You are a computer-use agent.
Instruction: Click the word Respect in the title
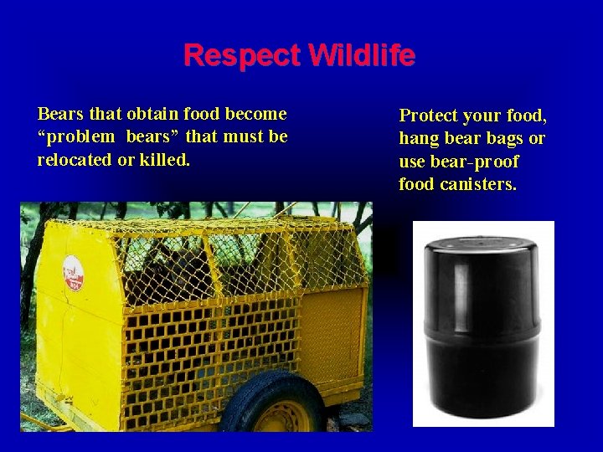[x=242, y=56]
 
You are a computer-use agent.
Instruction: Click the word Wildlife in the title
[x=362, y=56]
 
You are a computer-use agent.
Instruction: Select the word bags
[x=505, y=138]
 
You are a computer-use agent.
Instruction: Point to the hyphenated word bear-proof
[x=474, y=162]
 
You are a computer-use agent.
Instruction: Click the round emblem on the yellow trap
[x=73, y=273]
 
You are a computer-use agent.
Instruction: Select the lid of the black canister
[x=482, y=251]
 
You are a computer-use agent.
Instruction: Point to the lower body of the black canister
[x=482, y=368]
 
